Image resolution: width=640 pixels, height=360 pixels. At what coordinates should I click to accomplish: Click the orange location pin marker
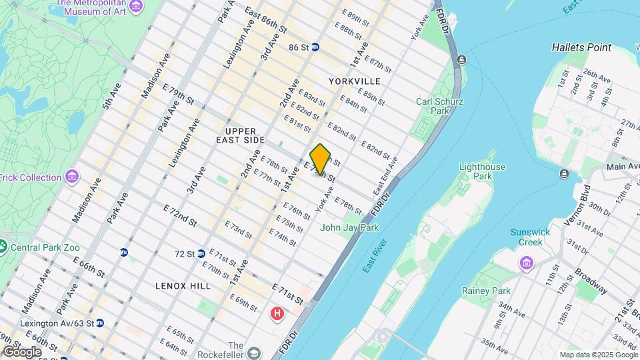coord(321,159)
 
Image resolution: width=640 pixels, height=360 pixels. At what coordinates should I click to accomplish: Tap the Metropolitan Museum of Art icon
coord(137,6)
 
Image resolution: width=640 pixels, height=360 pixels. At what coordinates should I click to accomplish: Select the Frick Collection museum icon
coord(72,177)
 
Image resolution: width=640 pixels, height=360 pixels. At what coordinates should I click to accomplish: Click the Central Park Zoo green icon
coord(3,247)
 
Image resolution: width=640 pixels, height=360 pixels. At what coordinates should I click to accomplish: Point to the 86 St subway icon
coord(315,47)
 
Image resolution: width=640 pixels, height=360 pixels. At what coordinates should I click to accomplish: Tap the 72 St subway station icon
coord(201,254)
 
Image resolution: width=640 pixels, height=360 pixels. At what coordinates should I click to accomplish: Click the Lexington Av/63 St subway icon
coord(99,323)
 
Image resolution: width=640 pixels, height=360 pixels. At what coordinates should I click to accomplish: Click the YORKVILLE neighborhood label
coord(354,81)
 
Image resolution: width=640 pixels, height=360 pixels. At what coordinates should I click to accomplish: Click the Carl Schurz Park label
coord(439,107)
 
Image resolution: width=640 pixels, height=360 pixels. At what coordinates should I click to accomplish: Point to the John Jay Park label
coord(349,227)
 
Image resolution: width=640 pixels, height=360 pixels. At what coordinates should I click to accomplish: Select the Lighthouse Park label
coord(482,171)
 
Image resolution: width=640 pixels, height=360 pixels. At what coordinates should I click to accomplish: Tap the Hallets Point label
coord(581,47)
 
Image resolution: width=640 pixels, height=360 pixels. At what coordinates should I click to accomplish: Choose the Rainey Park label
coord(486,291)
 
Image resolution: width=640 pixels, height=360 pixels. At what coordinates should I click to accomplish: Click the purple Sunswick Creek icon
coord(528,262)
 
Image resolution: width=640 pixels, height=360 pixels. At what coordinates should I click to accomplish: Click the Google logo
coord(22,351)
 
